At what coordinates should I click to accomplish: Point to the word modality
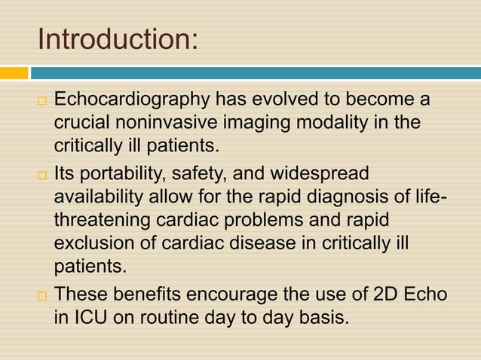click(x=335, y=122)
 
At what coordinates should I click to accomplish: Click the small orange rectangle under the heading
click(x=14, y=73)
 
